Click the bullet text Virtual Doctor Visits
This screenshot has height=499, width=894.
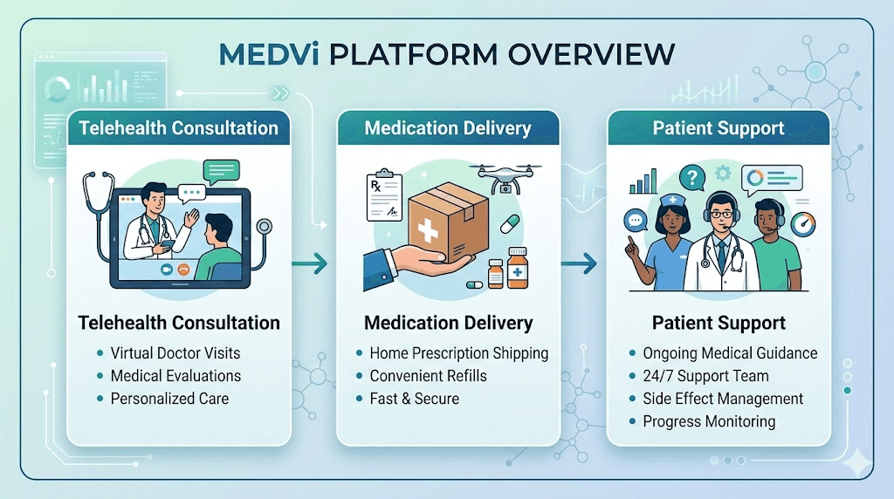pos(175,353)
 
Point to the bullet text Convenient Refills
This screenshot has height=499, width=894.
pos(428,376)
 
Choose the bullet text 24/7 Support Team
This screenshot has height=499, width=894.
pos(705,376)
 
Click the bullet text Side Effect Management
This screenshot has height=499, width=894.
pos(723,399)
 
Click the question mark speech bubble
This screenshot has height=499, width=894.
pos(693,179)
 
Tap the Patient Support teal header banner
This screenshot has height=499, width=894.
pos(719,128)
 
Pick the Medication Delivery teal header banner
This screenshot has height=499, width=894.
pos(448,128)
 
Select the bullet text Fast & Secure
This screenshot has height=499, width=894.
pos(414,399)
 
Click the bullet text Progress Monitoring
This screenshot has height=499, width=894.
pos(709,421)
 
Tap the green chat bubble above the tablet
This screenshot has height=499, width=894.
pos(219,170)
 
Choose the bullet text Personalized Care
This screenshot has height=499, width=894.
pos(169,399)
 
